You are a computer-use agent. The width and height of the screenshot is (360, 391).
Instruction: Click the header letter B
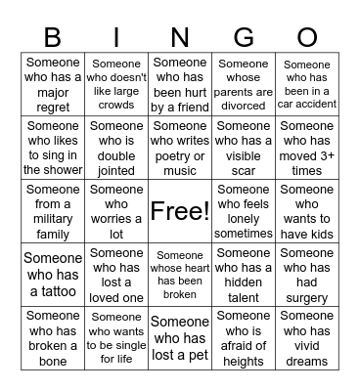coord(52,38)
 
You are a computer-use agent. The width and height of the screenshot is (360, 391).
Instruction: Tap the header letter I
coord(115,38)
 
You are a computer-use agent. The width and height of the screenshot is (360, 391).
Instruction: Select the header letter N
coord(180,38)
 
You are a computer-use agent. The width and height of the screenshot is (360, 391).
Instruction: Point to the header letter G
coord(245,38)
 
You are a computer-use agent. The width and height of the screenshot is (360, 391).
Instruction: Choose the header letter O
coord(307,38)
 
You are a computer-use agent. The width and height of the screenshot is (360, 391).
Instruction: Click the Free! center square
coord(180,210)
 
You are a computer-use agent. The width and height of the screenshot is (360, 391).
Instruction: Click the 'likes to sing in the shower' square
coord(53,148)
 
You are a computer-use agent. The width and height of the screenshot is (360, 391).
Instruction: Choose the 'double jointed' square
coord(116,148)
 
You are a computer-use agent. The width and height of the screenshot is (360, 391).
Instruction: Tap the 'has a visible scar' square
coord(244,148)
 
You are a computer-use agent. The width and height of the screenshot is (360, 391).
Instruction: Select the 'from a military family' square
coord(53,211)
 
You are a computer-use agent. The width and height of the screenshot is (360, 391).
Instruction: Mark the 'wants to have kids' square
coord(307,211)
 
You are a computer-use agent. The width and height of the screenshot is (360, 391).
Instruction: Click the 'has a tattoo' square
coord(53,275)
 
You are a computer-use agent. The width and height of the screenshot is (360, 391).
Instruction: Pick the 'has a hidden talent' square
coord(244,275)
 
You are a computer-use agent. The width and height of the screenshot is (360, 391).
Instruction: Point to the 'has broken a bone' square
coord(53,338)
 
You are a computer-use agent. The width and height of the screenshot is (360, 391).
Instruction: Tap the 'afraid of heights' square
coord(244,338)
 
